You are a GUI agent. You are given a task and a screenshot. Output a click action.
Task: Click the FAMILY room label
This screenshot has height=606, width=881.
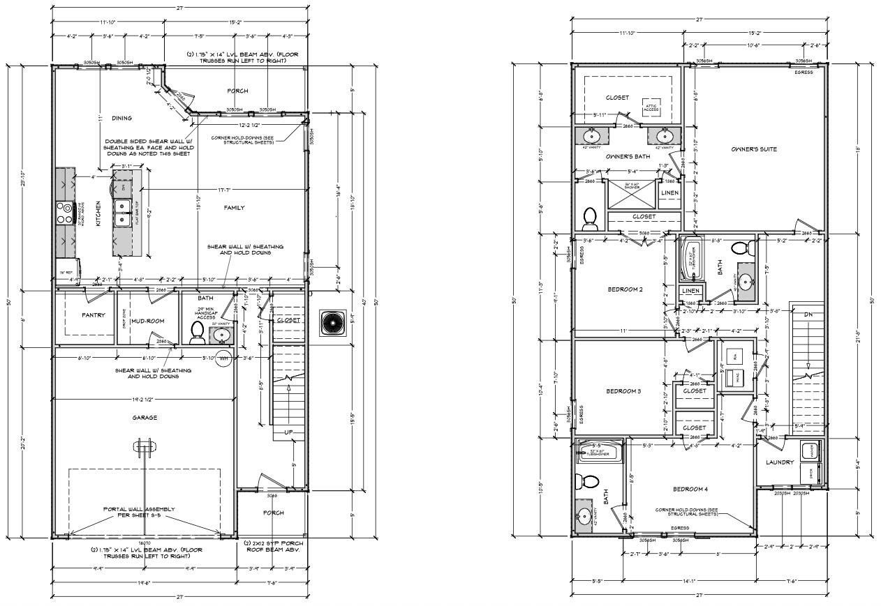(233, 207)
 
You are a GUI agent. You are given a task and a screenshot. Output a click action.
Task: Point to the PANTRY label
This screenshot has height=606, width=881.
(93, 316)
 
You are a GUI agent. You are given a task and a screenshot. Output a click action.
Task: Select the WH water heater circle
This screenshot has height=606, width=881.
(224, 358)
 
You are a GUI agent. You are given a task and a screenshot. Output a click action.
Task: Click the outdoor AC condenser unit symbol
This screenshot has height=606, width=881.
(332, 322)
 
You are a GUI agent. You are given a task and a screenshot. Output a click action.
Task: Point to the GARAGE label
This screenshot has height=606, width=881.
(145, 418)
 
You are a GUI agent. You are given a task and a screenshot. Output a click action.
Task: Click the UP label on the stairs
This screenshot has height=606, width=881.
(288, 432)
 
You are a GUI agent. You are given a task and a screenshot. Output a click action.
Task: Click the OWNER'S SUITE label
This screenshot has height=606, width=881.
(754, 149)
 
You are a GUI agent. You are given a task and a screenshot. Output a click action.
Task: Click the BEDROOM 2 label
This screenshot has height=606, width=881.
(625, 289)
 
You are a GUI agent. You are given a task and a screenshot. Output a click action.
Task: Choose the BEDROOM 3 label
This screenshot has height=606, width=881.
(623, 391)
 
